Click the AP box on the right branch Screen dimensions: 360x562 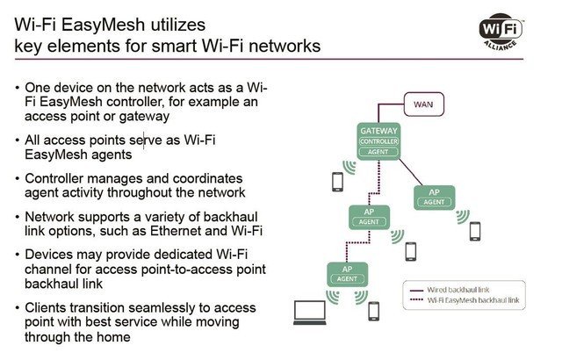434,196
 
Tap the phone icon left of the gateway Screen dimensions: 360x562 336,182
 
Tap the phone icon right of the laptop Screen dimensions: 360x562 373,311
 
